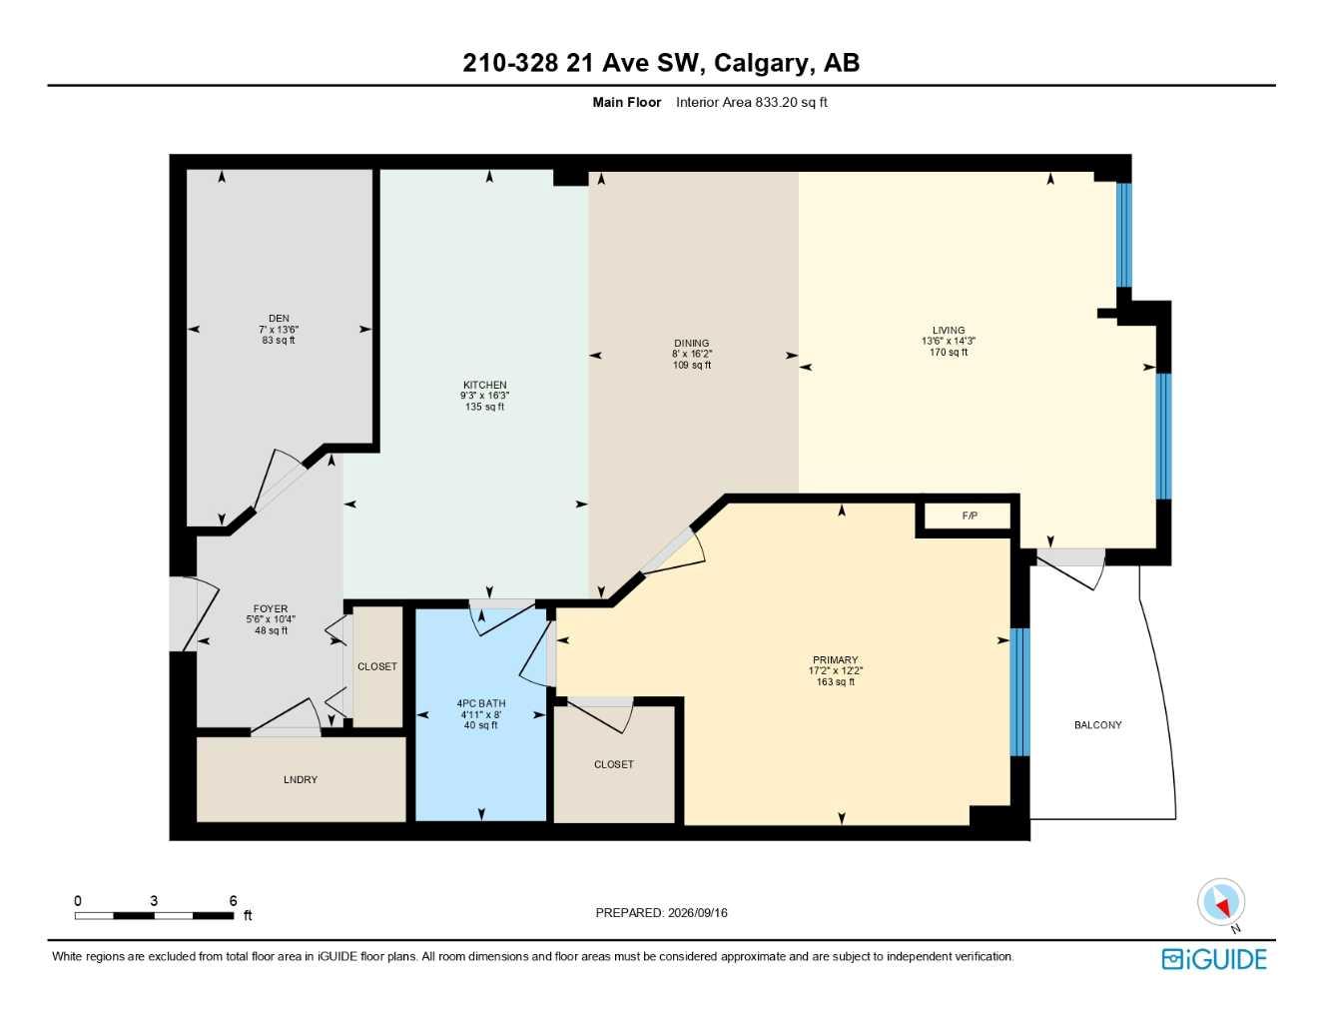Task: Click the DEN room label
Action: click(279, 318)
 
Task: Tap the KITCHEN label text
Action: click(484, 385)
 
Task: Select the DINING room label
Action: click(692, 343)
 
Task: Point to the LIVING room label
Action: click(949, 330)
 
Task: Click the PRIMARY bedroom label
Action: click(836, 659)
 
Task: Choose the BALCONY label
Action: click(1097, 724)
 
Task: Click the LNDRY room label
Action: click(301, 779)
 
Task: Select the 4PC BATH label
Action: click(481, 703)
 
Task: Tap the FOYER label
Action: click(271, 608)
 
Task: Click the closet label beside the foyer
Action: click(377, 666)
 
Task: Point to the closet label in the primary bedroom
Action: click(614, 764)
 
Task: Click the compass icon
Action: click(1221, 902)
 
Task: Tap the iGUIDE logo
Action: click(1214, 959)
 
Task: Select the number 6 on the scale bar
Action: click(234, 900)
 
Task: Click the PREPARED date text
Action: click(661, 913)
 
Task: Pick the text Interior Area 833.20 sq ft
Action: click(751, 102)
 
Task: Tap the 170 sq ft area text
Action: click(949, 352)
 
